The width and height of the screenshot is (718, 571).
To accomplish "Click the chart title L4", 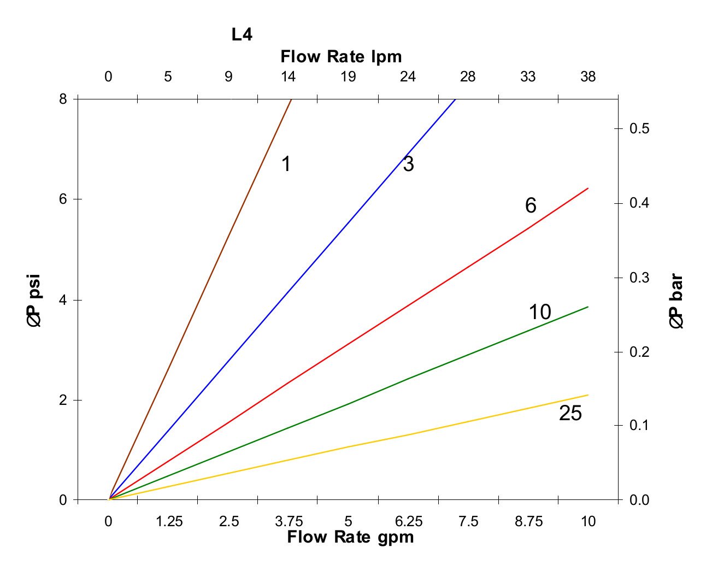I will tap(242, 35).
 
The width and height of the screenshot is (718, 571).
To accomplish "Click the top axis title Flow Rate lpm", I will tap(341, 56).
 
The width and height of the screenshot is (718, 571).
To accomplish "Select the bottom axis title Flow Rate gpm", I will tap(350, 537).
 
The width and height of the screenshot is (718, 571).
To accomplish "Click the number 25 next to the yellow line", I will tap(570, 414).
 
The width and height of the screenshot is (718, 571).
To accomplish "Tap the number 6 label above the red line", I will tap(531, 206).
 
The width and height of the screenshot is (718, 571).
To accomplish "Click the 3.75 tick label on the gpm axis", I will tap(289, 522).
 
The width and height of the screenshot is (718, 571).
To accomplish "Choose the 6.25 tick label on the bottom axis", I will tap(409, 522).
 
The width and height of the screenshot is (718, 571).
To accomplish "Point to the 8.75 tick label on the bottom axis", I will tap(528, 522).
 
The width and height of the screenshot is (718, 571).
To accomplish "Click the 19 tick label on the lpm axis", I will tap(348, 77).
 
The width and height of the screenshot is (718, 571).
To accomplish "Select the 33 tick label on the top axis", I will tap(528, 77).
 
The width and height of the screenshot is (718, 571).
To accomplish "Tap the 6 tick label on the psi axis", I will tap(63, 199).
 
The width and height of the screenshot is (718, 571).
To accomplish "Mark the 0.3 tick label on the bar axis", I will tap(639, 278).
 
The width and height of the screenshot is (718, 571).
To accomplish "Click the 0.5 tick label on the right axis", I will tap(639, 129).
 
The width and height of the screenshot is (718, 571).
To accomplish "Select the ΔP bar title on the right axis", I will tap(676, 301).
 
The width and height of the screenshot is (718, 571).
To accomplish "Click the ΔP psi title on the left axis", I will tap(34, 301).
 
